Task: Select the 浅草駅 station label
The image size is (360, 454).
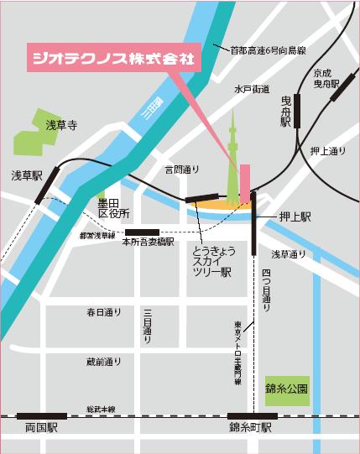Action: pos(26,175)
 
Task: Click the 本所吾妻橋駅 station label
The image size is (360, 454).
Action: pos(148,242)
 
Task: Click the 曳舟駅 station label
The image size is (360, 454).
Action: pos(285,110)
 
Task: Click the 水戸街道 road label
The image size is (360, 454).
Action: pos(253,87)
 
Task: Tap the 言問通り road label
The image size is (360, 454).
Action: pos(182,170)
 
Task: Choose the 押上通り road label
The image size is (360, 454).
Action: pos(327,151)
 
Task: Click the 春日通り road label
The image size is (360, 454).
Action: pos(104,312)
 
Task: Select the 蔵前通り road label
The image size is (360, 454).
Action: pos(104,362)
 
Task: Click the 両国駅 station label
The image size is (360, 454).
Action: pos(40,427)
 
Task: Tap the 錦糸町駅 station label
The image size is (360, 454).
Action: pos(250,427)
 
